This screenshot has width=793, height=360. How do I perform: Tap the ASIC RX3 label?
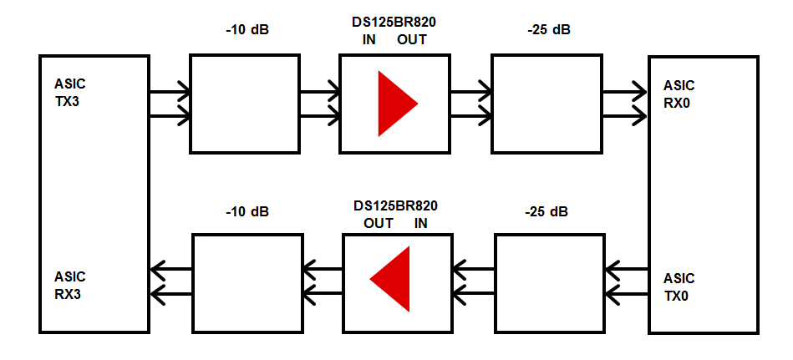tap(70, 285)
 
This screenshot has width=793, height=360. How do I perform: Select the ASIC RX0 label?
tap(679, 94)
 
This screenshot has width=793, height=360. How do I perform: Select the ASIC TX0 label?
tap(679, 286)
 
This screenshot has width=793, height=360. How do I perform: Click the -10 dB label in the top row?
tap(247, 31)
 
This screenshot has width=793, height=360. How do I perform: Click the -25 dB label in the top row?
tap(549, 31)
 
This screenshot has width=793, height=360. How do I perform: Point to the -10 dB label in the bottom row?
tap(247, 212)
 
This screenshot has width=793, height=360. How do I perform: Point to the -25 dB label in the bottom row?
tap(546, 212)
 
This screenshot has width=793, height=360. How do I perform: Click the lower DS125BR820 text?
tap(395, 205)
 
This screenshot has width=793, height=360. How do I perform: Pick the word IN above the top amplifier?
tap(369, 40)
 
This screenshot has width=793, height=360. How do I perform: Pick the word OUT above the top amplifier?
tap(411, 40)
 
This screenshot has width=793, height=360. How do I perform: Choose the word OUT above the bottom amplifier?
tap(379, 223)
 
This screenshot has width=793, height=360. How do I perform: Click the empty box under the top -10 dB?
tap(245, 104)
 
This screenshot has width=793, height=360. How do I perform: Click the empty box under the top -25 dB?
tap(546, 104)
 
